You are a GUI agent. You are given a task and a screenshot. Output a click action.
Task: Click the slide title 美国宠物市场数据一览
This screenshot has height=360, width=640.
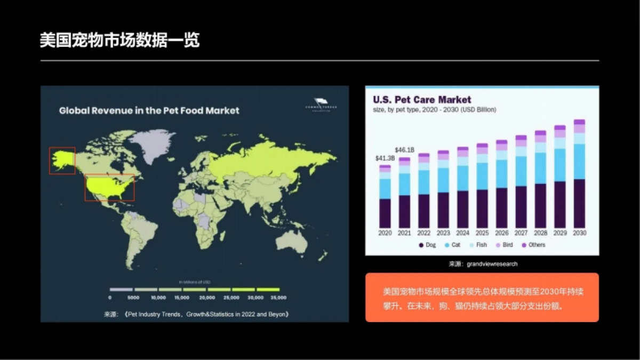(x=119, y=39)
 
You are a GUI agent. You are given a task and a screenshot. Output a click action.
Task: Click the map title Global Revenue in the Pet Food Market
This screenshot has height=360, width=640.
(x=149, y=110)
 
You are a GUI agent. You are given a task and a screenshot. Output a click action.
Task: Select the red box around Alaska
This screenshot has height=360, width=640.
(x=62, y=161)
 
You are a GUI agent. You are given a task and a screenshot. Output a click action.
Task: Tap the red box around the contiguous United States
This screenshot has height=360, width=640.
(x=109, y=187)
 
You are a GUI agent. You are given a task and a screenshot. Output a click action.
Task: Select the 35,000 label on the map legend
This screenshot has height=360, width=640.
(x=278, y=297)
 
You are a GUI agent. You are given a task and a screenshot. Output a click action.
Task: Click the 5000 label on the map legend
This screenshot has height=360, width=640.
(x=133, y=297)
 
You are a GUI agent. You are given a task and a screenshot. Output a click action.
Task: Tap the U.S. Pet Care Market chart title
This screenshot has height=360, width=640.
(x=422, y=100)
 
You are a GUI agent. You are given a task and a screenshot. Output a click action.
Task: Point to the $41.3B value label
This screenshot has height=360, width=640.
(x=385, y=158)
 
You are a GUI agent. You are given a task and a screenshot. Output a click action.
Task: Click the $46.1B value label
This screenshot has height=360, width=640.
(x=404, y=150)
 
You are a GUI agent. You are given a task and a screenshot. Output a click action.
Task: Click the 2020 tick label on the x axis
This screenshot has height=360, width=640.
(x=385, y=233)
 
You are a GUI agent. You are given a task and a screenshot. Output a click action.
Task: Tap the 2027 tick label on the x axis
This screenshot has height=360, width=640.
(x=521, y=233)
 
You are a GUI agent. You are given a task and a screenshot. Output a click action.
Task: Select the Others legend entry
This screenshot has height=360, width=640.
(x=533, y=245)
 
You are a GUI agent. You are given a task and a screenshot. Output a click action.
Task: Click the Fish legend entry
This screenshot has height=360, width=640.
(x=477, y=245)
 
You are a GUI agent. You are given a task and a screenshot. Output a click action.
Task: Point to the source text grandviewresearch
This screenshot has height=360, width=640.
(x=491, y=264)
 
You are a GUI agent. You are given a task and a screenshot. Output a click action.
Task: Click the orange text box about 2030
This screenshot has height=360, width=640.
(x=482, y=298)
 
